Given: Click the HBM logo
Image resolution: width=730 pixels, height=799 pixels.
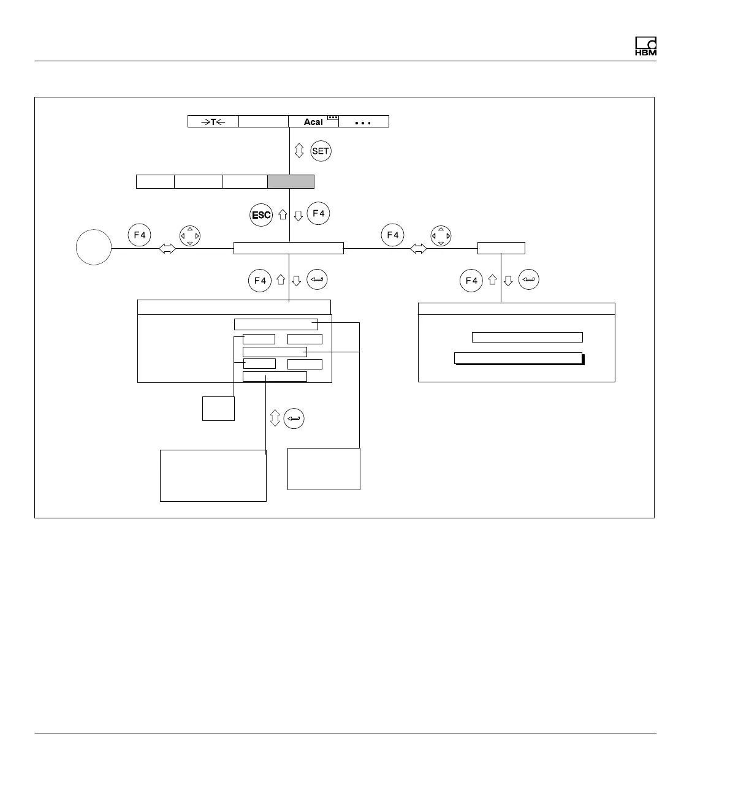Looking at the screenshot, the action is pyautogui.click(x=645, y=47).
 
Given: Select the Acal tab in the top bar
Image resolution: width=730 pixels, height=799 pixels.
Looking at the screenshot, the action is pyautogui.click(x=313, y=122).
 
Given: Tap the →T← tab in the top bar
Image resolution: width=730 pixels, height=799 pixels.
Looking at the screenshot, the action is pyautogui.click(x=213, y=121).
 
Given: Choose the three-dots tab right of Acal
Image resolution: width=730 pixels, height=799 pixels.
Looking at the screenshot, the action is pyautogui.click(x=363, y=121).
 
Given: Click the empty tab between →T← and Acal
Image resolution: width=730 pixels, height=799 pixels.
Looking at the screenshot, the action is pyautogui.click(x=263, y=121).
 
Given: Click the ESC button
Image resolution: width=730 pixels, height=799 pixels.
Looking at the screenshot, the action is pyautogui.click(x=261, y=215).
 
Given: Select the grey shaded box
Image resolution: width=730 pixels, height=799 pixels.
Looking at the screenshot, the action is pyautogui.click(x=291, y=181).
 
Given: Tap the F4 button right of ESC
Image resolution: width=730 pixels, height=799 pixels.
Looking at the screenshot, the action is pyautogui.click(x=318, y=213).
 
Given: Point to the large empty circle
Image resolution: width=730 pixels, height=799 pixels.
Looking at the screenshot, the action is pyautogui.click(x=94, y=248).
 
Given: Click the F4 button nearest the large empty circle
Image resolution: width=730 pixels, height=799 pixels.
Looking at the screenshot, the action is pyautogui.click(x=140, y=235).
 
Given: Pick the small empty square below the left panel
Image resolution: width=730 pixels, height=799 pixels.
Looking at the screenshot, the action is pyautogui.click(x=218, y=408).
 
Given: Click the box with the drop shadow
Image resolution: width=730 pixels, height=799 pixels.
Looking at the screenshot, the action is pyautogui.click(x=518, y=358).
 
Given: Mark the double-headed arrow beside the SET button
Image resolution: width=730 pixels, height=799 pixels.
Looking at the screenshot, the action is pyautogui.click(x=299, y=151).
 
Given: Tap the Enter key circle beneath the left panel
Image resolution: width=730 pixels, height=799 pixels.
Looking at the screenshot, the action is pyautogui.click(x=294, y=418).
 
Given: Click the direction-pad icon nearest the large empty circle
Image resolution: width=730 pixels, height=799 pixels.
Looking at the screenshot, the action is pyautogui.click(x=189, y=236).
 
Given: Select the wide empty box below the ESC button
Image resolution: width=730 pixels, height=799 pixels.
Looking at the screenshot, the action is pyautogui.click(x=288, y=248).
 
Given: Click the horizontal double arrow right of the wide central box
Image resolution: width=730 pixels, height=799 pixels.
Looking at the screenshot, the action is pyautogui.click(x=418, y=249).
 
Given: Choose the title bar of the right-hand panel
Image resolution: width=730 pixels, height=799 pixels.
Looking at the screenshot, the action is pyautogui.click(x=516, y=309).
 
